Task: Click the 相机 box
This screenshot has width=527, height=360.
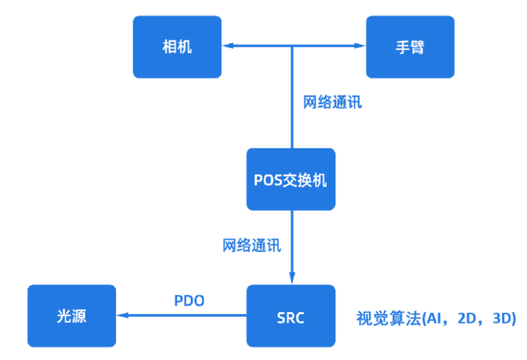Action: [x=177, y=47]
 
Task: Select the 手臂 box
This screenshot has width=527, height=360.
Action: [x=409, y=47]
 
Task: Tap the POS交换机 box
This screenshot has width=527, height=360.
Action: [x=291, y=179]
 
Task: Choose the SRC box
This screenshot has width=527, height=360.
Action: [x=291, y=315]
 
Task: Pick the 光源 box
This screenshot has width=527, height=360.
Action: [x=71, y=315]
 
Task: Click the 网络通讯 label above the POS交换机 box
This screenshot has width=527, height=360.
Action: [x=332, y=101]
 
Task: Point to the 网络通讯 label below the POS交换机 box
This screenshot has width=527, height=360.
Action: [x=252, y=245]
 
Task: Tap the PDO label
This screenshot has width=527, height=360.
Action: [x=189, y=301]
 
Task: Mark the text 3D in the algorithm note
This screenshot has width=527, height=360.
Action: [x=503, y=317]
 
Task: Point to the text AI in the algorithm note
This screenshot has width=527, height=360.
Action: [x=436, y=317]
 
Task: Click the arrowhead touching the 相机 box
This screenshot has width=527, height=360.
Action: [x=229, y=45]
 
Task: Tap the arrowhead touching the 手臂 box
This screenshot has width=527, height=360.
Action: [x=358, y=45]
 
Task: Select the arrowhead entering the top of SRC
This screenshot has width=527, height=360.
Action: [x=291, y=277]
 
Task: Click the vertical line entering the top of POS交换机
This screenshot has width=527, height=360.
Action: [x=291, y=105]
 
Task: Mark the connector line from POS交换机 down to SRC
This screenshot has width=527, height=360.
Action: [x=291, y=239]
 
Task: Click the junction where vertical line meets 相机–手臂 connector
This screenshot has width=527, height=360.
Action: [x=291, y=45]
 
